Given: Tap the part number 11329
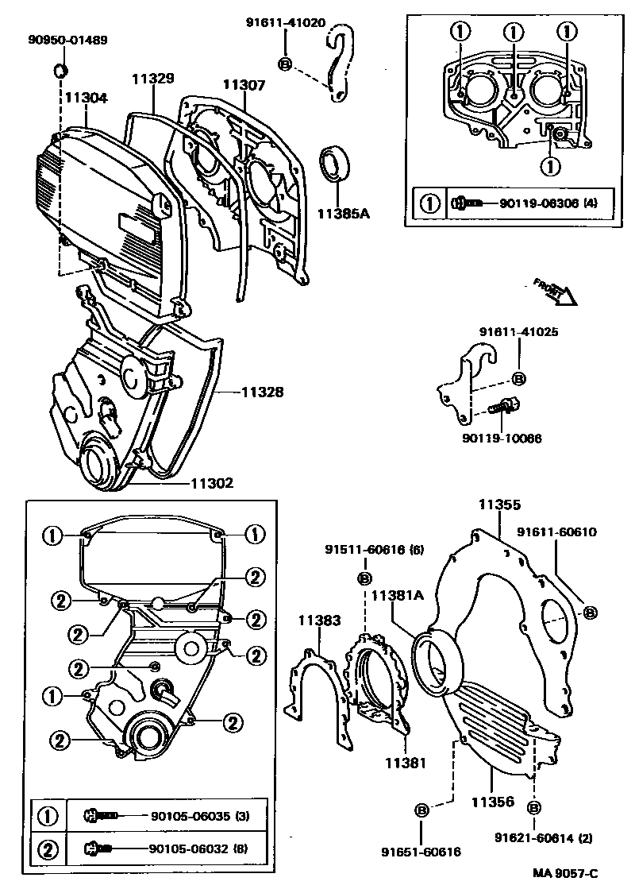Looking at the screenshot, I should coord(152,78).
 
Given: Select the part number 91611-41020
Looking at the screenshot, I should coord(285,23).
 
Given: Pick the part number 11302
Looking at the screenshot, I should coord(211,483).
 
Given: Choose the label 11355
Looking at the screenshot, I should coord(499,504).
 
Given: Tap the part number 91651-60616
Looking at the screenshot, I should coord(421,851).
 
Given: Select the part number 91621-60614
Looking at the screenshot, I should coord(533,837).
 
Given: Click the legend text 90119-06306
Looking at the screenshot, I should coord(538,203).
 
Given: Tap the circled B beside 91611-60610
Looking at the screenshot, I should coord(590,612).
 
